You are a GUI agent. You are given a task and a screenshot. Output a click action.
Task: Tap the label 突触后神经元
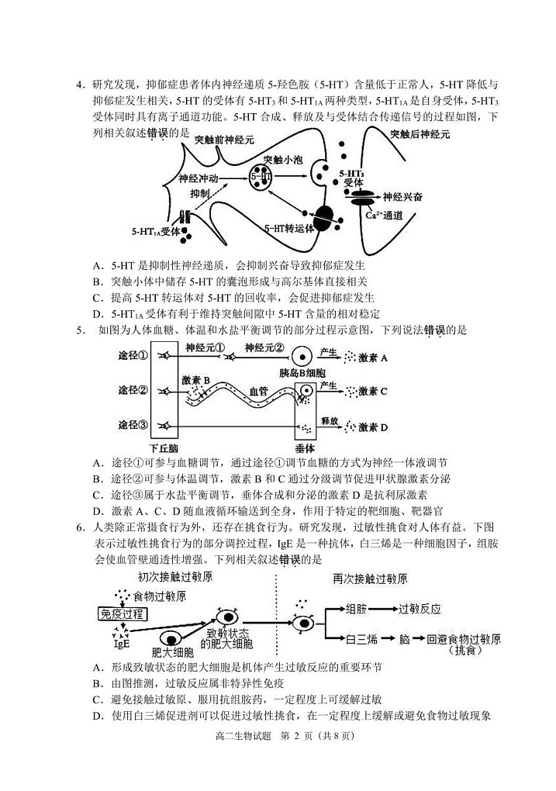(x=420, y=133)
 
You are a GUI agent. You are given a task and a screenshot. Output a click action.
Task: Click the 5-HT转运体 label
(x=289, y=229)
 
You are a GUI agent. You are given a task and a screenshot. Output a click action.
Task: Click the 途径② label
(x=133, y=389)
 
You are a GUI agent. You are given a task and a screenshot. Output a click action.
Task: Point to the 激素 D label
(x=372, y=427)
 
